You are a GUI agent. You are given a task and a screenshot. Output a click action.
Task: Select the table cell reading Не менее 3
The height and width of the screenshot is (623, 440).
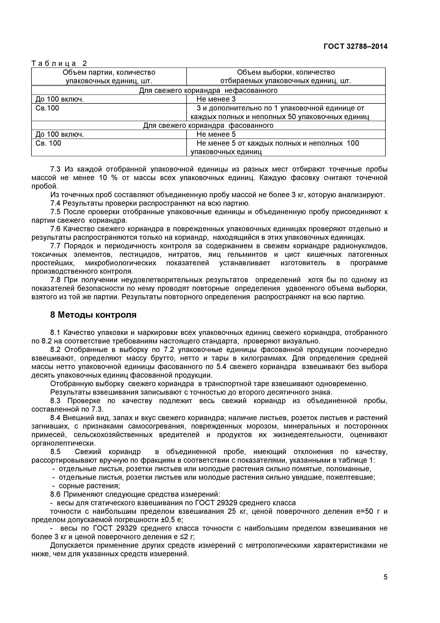click(x=216, y=99)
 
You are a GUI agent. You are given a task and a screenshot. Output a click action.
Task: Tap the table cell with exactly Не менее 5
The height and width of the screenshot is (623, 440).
click(x=216, y=134)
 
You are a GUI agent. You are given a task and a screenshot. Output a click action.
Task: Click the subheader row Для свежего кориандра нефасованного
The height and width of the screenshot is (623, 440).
click(x=208, y=90)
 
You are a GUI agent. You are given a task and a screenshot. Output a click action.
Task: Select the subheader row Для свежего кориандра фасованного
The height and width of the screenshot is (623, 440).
click(x=208, y=125)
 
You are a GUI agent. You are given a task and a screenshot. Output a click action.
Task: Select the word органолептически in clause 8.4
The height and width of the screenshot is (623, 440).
click(x=64, y=443)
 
